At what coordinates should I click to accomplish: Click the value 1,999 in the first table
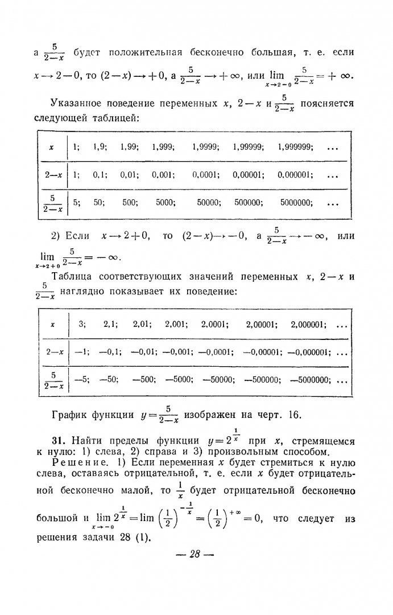click(x=163, y=147)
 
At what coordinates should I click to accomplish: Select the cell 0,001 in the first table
click(x=163, y=175)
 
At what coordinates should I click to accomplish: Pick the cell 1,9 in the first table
click(x=100, y=147)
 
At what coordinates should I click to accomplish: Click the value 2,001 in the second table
click(x=176, y=325)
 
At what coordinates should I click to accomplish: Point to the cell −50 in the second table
click(x=109, y=380)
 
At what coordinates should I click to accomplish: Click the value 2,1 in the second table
click(x=110, y=325)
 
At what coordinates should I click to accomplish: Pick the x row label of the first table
click(x=52, y=147)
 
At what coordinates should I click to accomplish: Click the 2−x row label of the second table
click(x=55, y=352)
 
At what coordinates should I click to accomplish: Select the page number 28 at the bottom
click(x=195, y=553)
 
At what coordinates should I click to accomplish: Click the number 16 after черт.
click(x=293, y=414)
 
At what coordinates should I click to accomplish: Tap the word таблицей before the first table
click(x=116, y=117)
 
